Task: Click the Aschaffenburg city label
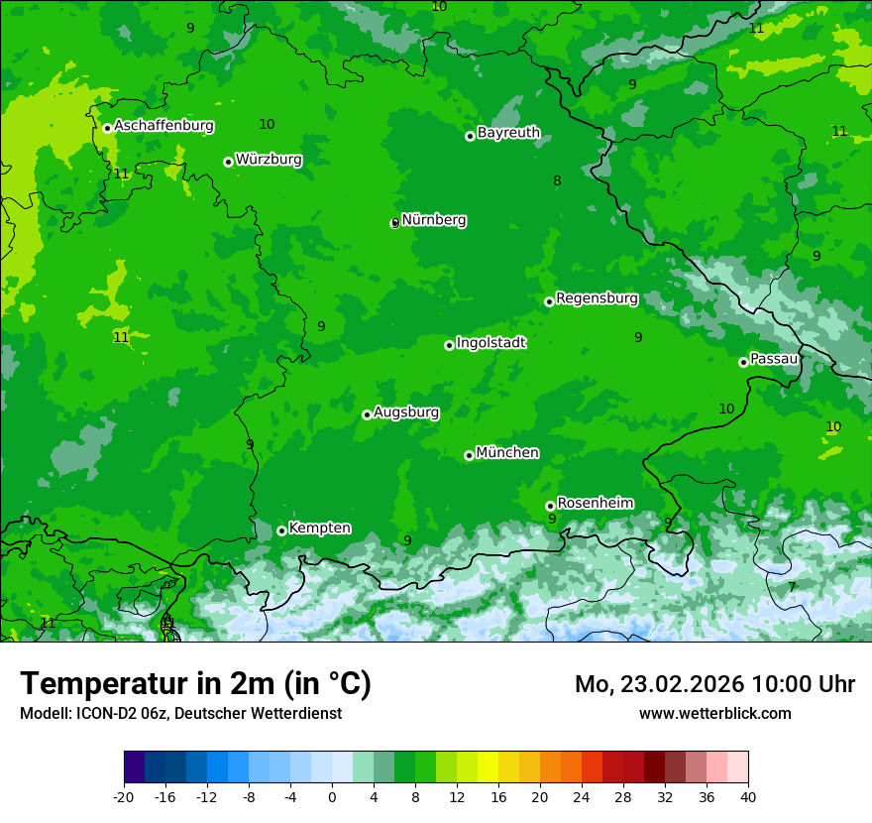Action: click(163, 126)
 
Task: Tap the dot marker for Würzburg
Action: click(228, 162)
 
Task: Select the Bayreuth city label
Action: click(508, 133)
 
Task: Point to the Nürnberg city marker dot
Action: click(394, 223)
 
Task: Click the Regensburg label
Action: click(597, 298)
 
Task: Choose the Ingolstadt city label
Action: click(490, 343)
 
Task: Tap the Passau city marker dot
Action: click(743, 362)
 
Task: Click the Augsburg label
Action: click(406, 412)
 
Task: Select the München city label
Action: click(507, 453)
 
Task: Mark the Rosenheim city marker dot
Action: click(550, 506)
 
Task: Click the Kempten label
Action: click(319, 529)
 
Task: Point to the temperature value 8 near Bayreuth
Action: click(557, 180)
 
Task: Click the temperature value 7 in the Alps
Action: click(792, 587)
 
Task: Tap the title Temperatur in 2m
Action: click(195, 684)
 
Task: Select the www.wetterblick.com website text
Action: click(714, 713)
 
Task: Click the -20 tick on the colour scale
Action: click(124, 796)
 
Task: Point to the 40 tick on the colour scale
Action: click(748, 796)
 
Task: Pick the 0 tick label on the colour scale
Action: click(332, 796)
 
